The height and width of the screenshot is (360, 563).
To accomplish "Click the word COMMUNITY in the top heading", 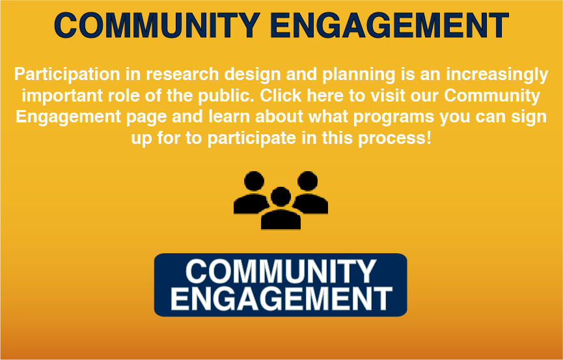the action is (x=157, y=25).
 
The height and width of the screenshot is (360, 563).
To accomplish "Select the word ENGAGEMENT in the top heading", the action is (x=389, y=25).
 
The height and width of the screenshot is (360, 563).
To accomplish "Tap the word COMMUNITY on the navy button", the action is (x=281, y=271).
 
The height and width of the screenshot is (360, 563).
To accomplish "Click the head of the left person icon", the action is (x=254, y=181).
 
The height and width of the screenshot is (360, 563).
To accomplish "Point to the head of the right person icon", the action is (x=307, y=181).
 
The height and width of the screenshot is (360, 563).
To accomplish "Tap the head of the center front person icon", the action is (x=281, y=197).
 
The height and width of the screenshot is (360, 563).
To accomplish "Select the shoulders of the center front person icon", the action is (x=281, y=219).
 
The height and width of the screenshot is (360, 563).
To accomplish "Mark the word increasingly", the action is (x=497, y=75).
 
